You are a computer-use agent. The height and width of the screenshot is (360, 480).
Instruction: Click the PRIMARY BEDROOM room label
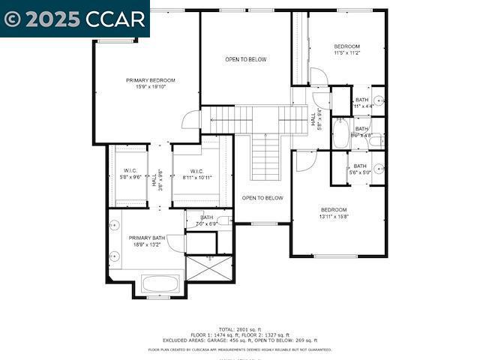(x=150, y=80)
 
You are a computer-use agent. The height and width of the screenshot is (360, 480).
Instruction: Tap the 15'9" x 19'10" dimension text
(x=150, y=87)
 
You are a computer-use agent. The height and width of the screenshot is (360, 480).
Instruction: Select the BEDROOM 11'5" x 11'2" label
(x=346, y=49)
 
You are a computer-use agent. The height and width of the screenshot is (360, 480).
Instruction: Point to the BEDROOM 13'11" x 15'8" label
(x=334, y=213)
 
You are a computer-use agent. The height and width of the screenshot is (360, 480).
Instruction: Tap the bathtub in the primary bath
(x=160, y=284)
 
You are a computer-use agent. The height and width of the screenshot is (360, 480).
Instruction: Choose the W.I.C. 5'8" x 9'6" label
(x=130, y=174)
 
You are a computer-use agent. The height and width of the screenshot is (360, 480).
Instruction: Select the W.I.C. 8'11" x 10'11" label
(x=197, y=174)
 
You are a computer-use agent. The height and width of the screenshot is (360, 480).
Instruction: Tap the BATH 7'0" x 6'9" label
(x=206, y=220)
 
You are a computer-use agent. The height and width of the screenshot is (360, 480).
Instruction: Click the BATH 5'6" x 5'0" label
(x=360, y=169)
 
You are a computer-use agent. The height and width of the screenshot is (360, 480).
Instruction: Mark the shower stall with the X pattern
(x=209, y=268)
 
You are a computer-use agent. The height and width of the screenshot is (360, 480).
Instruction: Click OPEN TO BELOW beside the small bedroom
(x=246, y=59)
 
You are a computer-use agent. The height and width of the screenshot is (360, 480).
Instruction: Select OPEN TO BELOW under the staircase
(x=262, y=198)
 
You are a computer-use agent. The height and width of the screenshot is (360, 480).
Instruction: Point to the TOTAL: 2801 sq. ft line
(x=240, y=329)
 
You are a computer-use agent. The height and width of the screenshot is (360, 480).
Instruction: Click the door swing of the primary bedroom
(x=192, y=120)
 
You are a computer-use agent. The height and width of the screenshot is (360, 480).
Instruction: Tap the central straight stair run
(x=265, y=157)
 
